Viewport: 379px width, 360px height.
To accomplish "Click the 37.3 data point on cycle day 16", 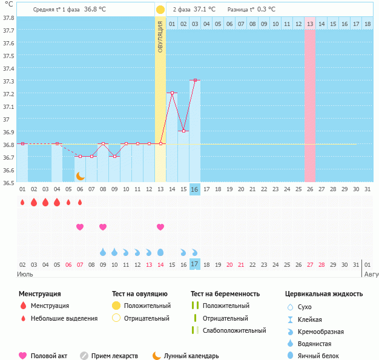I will pyautogui.click(x=195, y=80).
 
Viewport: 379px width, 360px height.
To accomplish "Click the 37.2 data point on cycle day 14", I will pyautogui.click(x=172, y=93).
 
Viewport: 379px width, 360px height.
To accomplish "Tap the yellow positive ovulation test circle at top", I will pyautogui.click(x=160, y=10).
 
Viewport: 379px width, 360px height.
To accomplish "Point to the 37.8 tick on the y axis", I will pyautogui.click(x=8, y=18).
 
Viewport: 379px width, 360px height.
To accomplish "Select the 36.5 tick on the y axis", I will pyautogui.click(x=8, y=182).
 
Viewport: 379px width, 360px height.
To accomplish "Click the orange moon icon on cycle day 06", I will pyautogui.click(x=80, y=175).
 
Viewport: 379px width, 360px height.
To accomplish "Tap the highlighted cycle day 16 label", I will pyautogui.click(x=195, y=189).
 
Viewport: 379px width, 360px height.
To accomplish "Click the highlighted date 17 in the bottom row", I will pyautogui.click(x=195, y=264).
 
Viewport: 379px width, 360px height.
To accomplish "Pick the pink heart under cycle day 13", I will pyautogui.click(x=160, y=227).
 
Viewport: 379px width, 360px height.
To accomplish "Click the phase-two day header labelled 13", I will pyautogui.click(x=310, y=24).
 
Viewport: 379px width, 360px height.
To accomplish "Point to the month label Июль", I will pyautogui.click(x=25, y=274).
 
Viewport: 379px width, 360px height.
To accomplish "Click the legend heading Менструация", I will pyautogui.click(x=40, y=294).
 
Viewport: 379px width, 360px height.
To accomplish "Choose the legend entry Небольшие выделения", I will pyautogui.click(x=64, y=318).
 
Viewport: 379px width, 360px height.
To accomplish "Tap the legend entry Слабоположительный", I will pyautogui.click(x=234, y=330).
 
